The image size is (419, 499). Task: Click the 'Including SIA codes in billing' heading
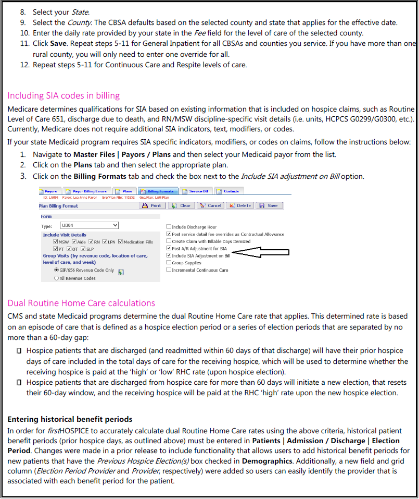(x=64, y=95)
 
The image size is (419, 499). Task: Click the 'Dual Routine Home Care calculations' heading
(x=81, y=303)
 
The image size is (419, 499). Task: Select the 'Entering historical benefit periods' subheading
(x=70, y=419)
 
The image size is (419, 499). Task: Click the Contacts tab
(x=229, y=191)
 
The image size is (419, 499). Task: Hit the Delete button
(x=240, y=206)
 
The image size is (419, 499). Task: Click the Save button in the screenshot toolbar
(x=269, y=206)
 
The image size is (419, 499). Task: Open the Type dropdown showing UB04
(x=89, y=225)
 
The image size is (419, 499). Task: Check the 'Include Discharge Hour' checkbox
(x=169, y=227)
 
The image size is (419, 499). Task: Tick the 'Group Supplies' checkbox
(x=169, y=263)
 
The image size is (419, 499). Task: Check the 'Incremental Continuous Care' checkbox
(x=169, y=270)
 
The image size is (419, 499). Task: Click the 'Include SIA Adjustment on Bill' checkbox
(x=169, y=256)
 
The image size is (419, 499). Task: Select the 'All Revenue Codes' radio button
(x=57, y=279)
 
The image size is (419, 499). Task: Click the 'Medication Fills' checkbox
(x=121, y=242)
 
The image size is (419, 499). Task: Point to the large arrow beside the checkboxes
(x=260, y=253)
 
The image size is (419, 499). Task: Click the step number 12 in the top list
(x=23, y=65)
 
